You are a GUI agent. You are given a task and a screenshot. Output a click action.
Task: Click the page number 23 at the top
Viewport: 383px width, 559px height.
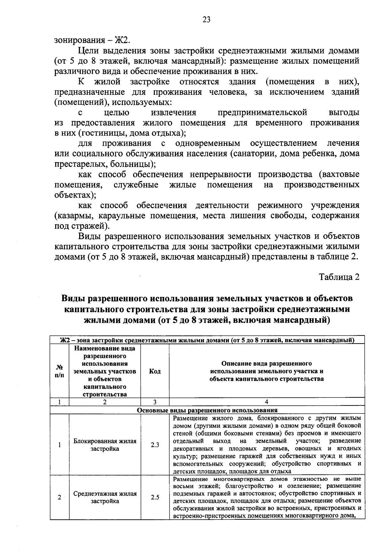pos(206,20)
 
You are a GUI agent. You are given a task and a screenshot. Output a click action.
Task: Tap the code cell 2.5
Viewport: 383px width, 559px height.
pos(155,497)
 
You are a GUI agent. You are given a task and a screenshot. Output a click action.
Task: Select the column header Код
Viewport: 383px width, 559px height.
pos(155,371)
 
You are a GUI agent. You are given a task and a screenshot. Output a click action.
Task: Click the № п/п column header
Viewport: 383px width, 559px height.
pos(59,371)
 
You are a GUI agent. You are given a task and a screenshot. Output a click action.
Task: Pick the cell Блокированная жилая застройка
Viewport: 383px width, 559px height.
pos(105,445)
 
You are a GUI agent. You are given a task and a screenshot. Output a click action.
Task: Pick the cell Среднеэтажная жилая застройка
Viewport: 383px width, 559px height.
pos(105,497)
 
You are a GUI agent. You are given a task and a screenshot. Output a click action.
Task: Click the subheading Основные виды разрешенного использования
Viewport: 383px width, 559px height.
pos(207,410)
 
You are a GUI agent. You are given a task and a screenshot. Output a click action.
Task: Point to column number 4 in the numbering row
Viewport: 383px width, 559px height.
pos(267,402)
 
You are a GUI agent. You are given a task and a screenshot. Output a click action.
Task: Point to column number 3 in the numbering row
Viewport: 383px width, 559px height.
pos(155,402)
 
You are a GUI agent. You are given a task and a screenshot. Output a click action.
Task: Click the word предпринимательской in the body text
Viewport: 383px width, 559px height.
pos(262,112)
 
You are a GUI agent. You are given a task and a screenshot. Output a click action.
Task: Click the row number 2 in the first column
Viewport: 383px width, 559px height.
pos(59,497)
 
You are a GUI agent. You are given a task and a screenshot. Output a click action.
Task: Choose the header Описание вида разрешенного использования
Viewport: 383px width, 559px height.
pos(267,371)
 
